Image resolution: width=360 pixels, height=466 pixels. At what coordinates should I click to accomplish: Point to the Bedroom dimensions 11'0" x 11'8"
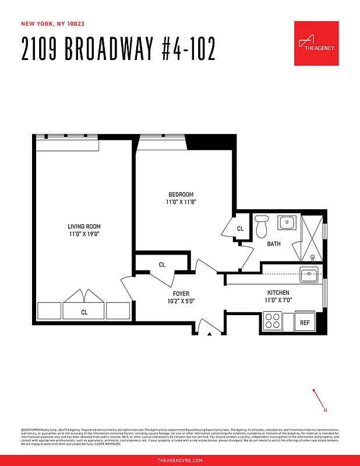181,202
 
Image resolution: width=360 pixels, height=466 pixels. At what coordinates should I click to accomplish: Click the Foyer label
181,294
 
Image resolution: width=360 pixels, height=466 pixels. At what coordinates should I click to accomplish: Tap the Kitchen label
278,293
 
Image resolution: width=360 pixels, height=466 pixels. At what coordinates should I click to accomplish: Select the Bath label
274,244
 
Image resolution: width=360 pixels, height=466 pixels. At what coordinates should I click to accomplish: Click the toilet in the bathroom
261,226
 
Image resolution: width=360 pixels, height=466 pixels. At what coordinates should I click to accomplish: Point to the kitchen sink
309,274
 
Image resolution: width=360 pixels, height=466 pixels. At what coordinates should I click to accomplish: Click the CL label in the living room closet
84,312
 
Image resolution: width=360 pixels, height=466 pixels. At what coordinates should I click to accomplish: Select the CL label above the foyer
162,264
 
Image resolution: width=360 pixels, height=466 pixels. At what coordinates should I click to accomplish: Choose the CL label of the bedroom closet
240,229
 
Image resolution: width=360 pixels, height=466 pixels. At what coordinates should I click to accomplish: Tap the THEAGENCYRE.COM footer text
180,460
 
